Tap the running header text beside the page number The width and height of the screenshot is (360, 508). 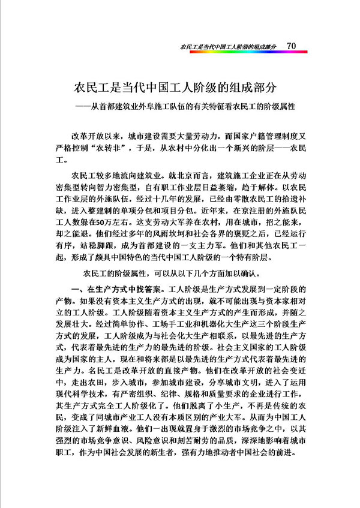click(x=232, y=46)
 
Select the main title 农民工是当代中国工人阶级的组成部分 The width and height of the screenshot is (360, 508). click(x=175, y=86)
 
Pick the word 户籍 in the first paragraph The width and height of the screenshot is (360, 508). click(x=254, y=138)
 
